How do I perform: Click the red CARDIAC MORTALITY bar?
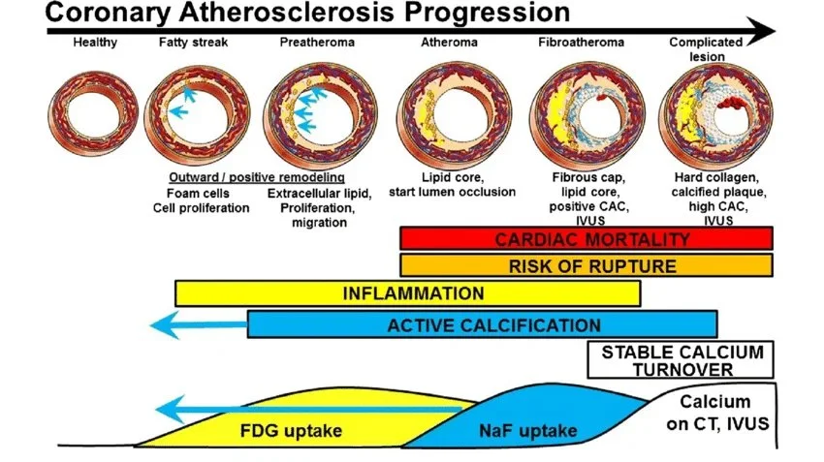pyautogui.click(x=586, y=239)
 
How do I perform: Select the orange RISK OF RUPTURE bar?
pyautogui.click(x=586, y=265)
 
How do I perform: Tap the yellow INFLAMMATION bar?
pyautogui.click(x=407, y=293)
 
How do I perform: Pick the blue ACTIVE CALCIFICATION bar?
pyautogui.click(x=482, y=324)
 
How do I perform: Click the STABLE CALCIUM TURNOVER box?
pyautogui.click(x=682, y=359)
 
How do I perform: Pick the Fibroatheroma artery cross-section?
pyautogui.click(x=579, y=117)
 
